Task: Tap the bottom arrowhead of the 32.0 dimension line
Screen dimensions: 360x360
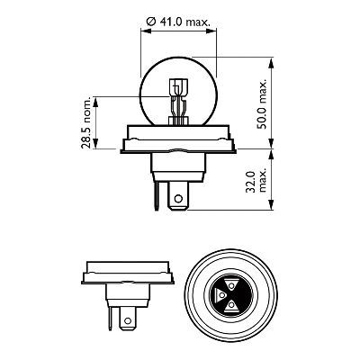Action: pos(270,208)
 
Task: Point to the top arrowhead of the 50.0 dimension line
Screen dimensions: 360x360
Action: pos(270,62)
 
